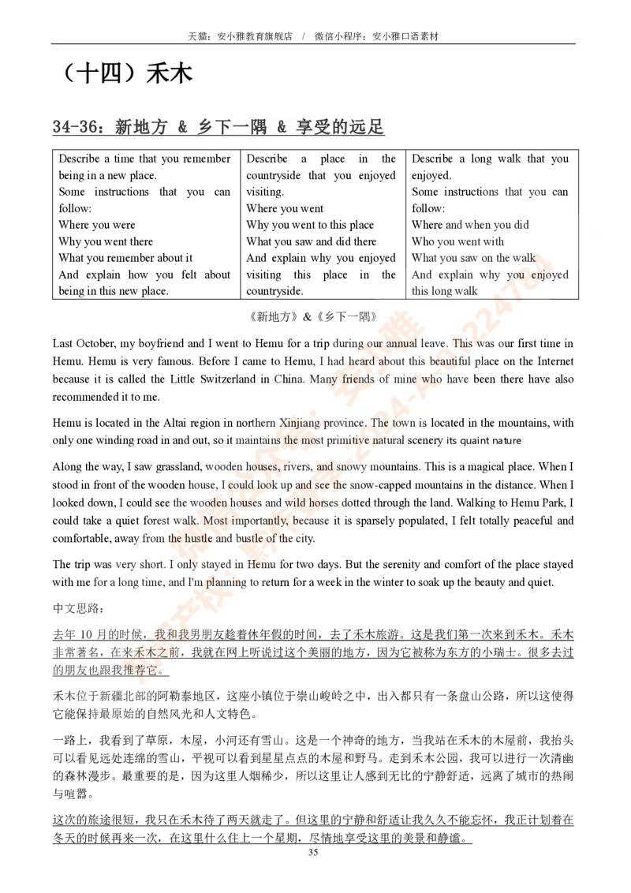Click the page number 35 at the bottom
[x=313, y=852]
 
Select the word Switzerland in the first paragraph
[x=228, y=379]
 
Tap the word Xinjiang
[x=301, y=423]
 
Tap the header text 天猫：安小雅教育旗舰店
[x=241, y=36]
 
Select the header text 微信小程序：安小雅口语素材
[x=377, y=36]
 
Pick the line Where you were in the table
[x=97, y=225]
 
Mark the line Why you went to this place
[x=310, y=225]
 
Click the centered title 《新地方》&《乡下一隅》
[x=313, y=316]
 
